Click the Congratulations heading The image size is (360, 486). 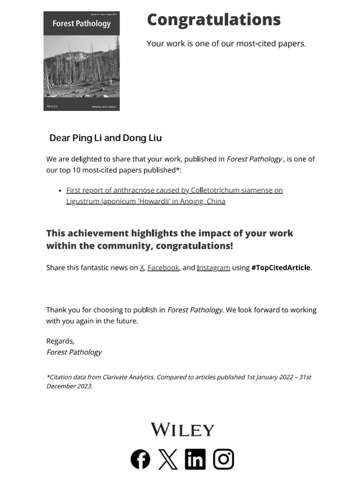tap(214, 20)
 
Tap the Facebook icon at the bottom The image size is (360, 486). tap(140, 459)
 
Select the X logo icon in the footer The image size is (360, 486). tap(168, 459)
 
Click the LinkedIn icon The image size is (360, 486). tap(195, 459)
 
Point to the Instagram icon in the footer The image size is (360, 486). tap(224, 459)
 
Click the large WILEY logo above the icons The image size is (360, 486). tap(182, 430)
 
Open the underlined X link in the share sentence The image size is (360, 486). tap(142, 268)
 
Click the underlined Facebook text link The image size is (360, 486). tap(163, 268)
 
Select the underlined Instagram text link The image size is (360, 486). tap(214, 268)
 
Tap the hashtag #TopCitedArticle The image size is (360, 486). tap(281, 268)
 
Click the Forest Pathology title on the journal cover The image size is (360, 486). tap(82, 23)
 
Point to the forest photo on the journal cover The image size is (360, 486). tap(82, 72)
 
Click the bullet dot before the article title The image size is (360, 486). tap(61, 190)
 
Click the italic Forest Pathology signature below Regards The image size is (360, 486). tap(74, 352)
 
